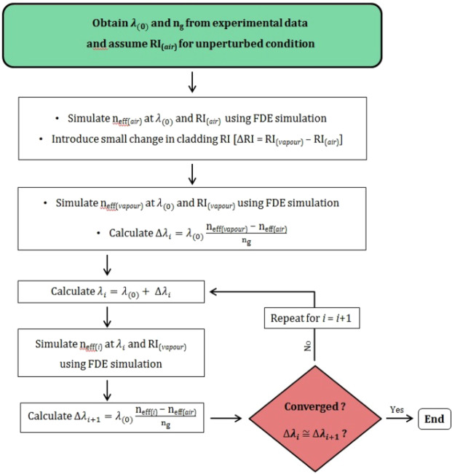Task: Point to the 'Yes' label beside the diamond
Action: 397,409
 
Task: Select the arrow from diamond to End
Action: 398,418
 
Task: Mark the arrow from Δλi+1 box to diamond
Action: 231,418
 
